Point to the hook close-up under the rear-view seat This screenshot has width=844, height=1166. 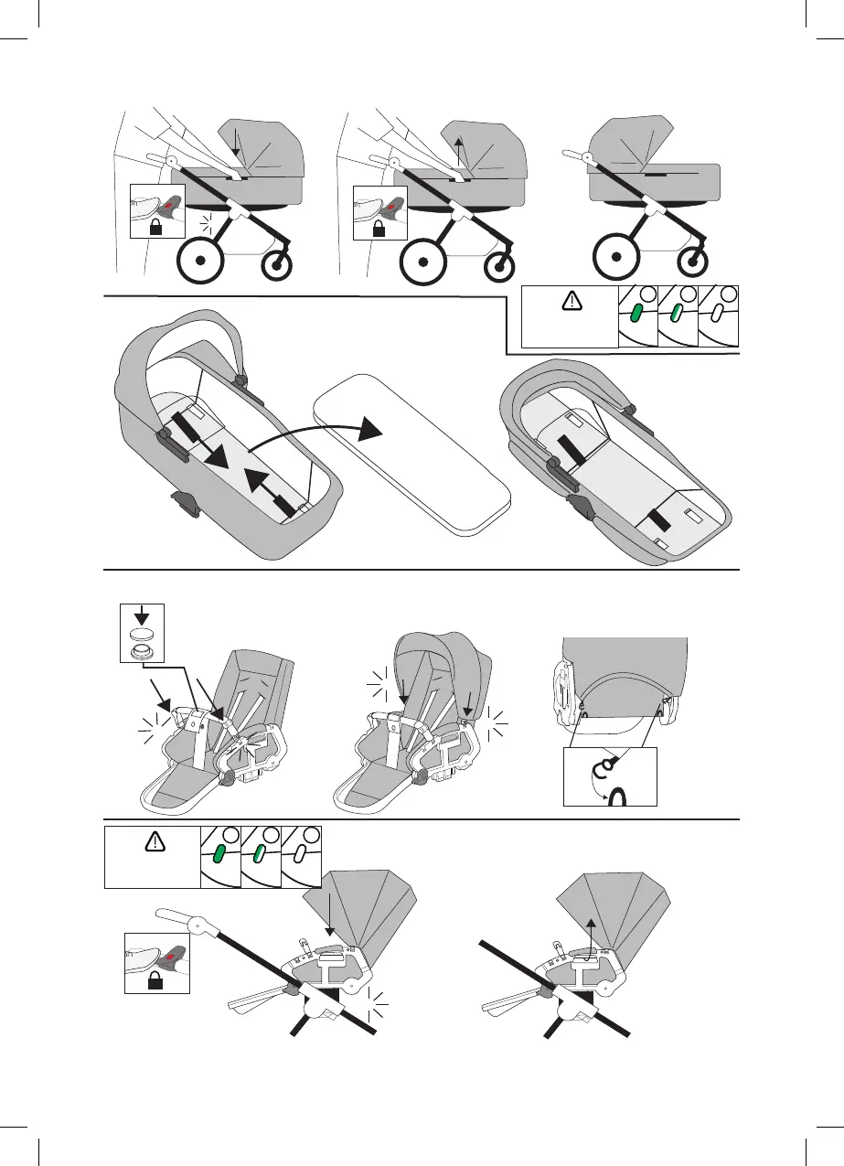point(610,776)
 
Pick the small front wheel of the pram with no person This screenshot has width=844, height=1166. point(692,262)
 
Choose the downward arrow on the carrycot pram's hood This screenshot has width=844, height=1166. point(235,141)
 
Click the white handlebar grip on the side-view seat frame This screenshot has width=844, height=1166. point(175,915)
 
